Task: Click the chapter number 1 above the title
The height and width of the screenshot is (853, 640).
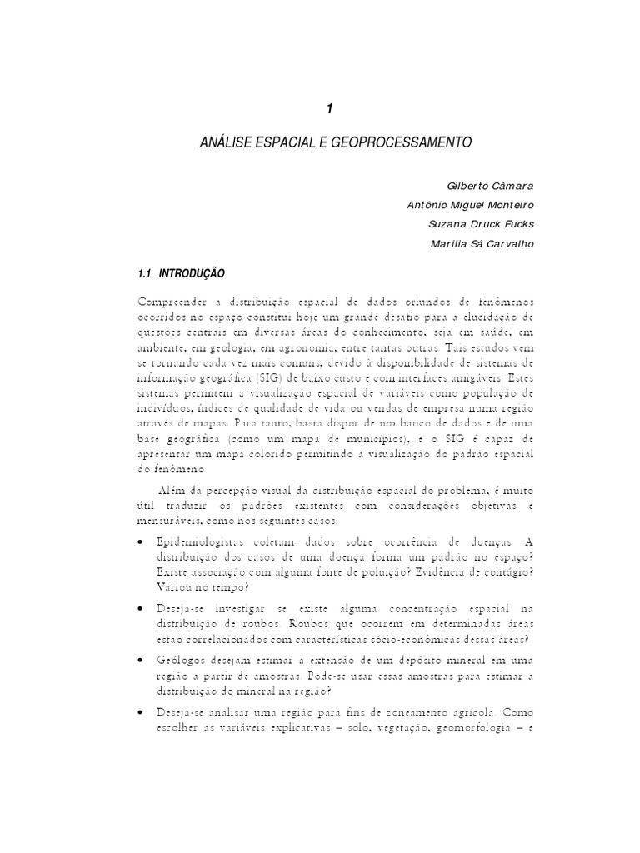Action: (329, 109)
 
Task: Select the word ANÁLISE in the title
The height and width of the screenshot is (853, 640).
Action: (223, 142)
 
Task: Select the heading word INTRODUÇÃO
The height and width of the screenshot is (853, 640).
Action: (191, 274)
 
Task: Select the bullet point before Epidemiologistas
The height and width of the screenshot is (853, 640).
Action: (137, 543)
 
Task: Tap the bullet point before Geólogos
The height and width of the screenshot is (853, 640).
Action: (137, 661)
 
